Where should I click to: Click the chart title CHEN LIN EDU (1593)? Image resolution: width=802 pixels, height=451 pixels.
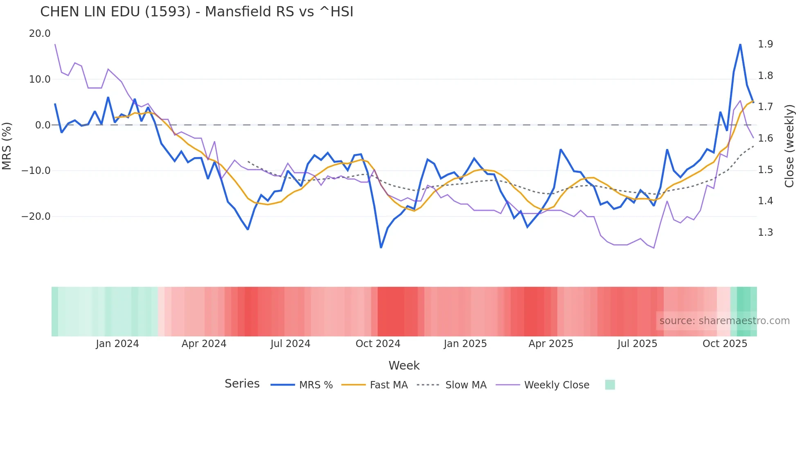pos(196,11)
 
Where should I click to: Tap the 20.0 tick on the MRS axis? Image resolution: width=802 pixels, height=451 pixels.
pos(40,34)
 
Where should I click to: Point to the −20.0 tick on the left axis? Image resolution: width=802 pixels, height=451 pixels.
pos(36,216)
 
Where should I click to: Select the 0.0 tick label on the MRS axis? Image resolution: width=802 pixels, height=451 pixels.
pos(43,125)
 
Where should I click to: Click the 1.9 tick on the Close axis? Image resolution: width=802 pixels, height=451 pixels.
pos(765,44)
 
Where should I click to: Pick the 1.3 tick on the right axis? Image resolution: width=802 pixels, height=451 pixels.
pos(765,232)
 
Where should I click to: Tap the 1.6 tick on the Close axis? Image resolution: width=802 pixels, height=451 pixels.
pos(765,138)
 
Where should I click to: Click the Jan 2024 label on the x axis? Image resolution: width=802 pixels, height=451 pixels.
pos(117,344)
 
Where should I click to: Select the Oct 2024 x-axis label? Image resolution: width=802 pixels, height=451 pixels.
pos(378,344)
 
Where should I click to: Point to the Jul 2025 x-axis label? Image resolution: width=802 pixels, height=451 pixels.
pos(637,344)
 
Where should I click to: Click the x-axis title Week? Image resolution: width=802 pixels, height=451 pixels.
pos(404,365)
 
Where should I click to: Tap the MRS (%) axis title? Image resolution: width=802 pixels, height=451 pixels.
pos(7,146)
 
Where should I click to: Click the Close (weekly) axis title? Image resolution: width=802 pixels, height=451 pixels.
pos(789,146)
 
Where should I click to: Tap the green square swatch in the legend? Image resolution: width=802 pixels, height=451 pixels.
pos(610,385)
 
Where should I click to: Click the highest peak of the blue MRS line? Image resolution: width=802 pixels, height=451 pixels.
pos(740,45)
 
